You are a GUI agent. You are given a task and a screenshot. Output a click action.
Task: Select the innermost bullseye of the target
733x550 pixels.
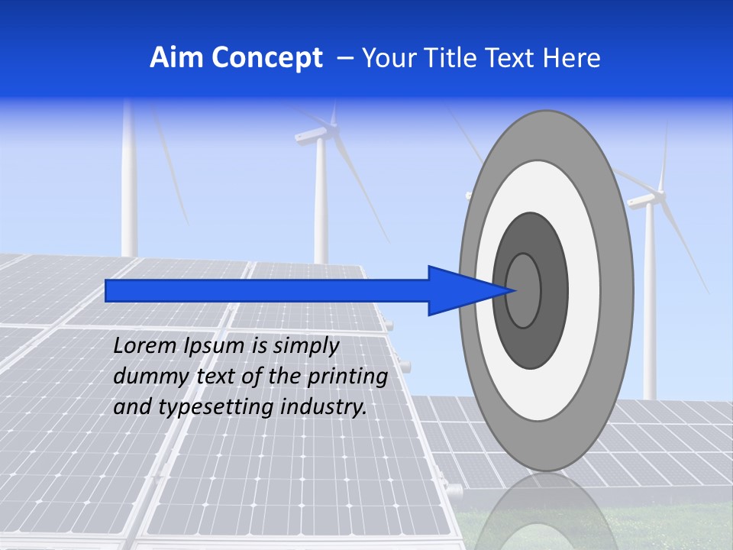tap(524, 290)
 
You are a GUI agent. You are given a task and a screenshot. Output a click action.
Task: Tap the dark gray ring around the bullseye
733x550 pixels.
tap(553, 290)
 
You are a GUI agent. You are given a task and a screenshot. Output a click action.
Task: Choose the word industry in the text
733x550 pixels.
tap(324, 407)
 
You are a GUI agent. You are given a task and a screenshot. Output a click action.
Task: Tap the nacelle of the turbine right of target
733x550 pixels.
tap(644, 199)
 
